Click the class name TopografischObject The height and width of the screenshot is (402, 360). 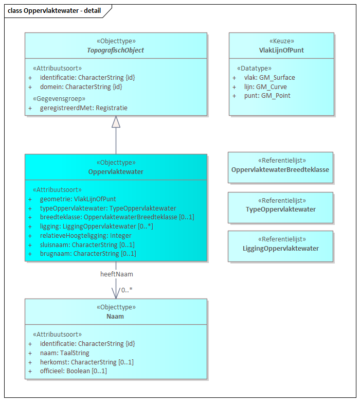click(x=116, y=50)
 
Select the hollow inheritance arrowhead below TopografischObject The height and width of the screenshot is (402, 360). click(x=116, y=121)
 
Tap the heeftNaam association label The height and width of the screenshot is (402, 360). click(x=116, y=274)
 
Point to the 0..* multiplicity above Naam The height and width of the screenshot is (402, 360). click(x=127, y=290)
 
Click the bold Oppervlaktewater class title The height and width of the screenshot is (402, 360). click(x=116, y=171)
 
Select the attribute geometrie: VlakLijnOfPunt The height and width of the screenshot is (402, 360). click(x=78, y=199)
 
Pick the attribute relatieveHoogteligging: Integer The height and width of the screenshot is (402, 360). click(x=85, y=236)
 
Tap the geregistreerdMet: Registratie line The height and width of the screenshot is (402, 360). click(x=83, y=108)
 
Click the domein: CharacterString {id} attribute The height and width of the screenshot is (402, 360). click(x=81, y=87)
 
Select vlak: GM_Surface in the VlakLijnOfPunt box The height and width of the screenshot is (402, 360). click(x=269, y=78)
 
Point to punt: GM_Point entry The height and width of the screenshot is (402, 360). click(x=267, y=96)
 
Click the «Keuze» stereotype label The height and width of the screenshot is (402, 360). click(x=281, y=41)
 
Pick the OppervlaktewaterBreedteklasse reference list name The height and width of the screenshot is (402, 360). click(x=280, y=170)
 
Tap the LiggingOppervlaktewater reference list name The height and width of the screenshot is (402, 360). click(x=281, y=249)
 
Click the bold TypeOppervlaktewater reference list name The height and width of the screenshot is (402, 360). click(x=281, y=209)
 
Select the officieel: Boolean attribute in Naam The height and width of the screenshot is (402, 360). click(x=73, y=371)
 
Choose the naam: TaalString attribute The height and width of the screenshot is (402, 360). click(x=64, y=353)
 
